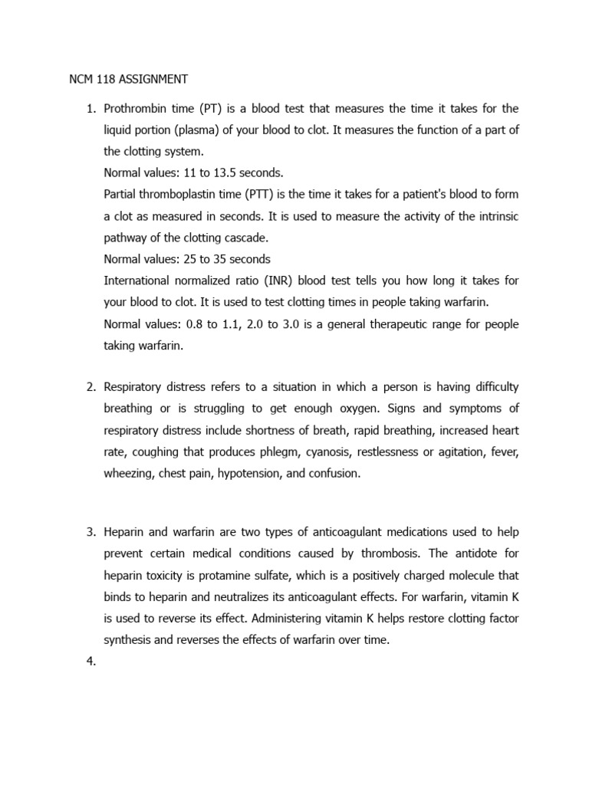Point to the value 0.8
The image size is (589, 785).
coord(195,324)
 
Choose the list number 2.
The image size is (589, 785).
coord(89,387)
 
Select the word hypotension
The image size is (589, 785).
coord(249,474)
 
